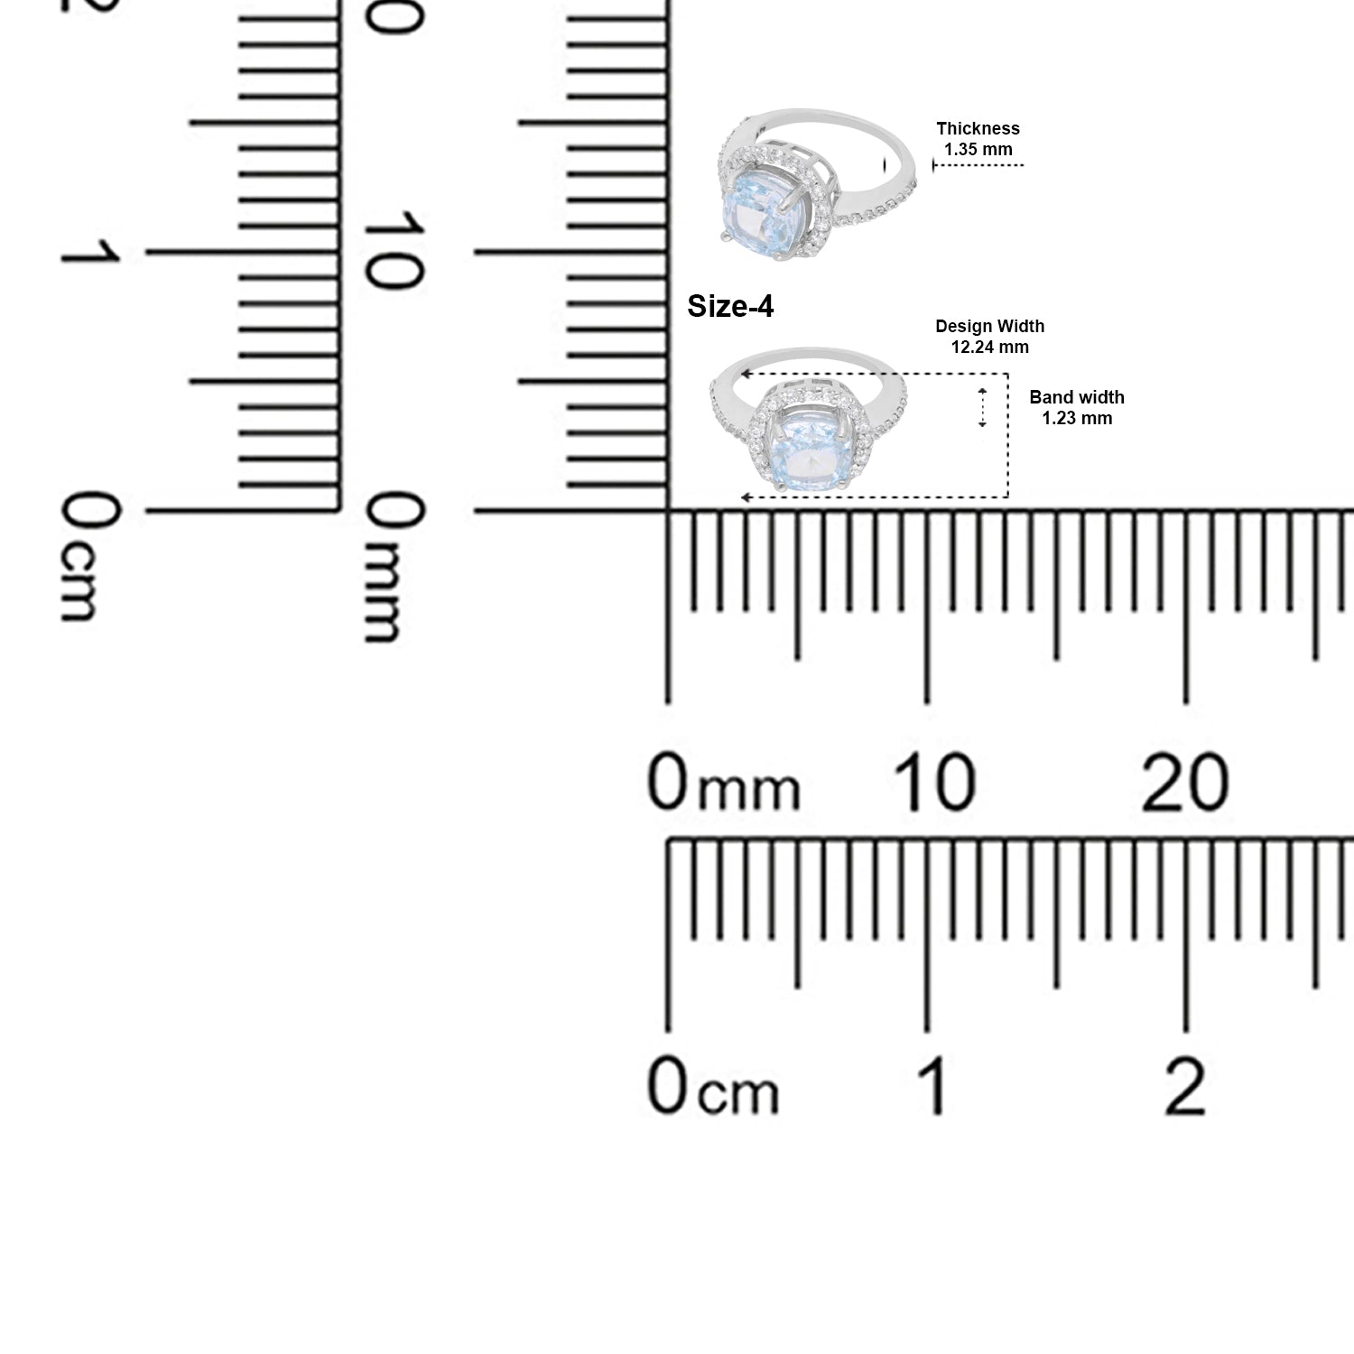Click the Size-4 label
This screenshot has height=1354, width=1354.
(730, 307)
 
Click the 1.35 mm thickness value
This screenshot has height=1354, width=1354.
(978, 149)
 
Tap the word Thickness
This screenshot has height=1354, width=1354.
(978, 128)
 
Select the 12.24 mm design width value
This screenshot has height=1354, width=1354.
(989, 347)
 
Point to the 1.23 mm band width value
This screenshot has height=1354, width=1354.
(1077, 418)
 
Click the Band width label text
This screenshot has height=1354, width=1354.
(1077, 397)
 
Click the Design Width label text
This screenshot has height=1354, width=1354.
(990, 326)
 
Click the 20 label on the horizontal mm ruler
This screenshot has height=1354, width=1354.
(1185, 782)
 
